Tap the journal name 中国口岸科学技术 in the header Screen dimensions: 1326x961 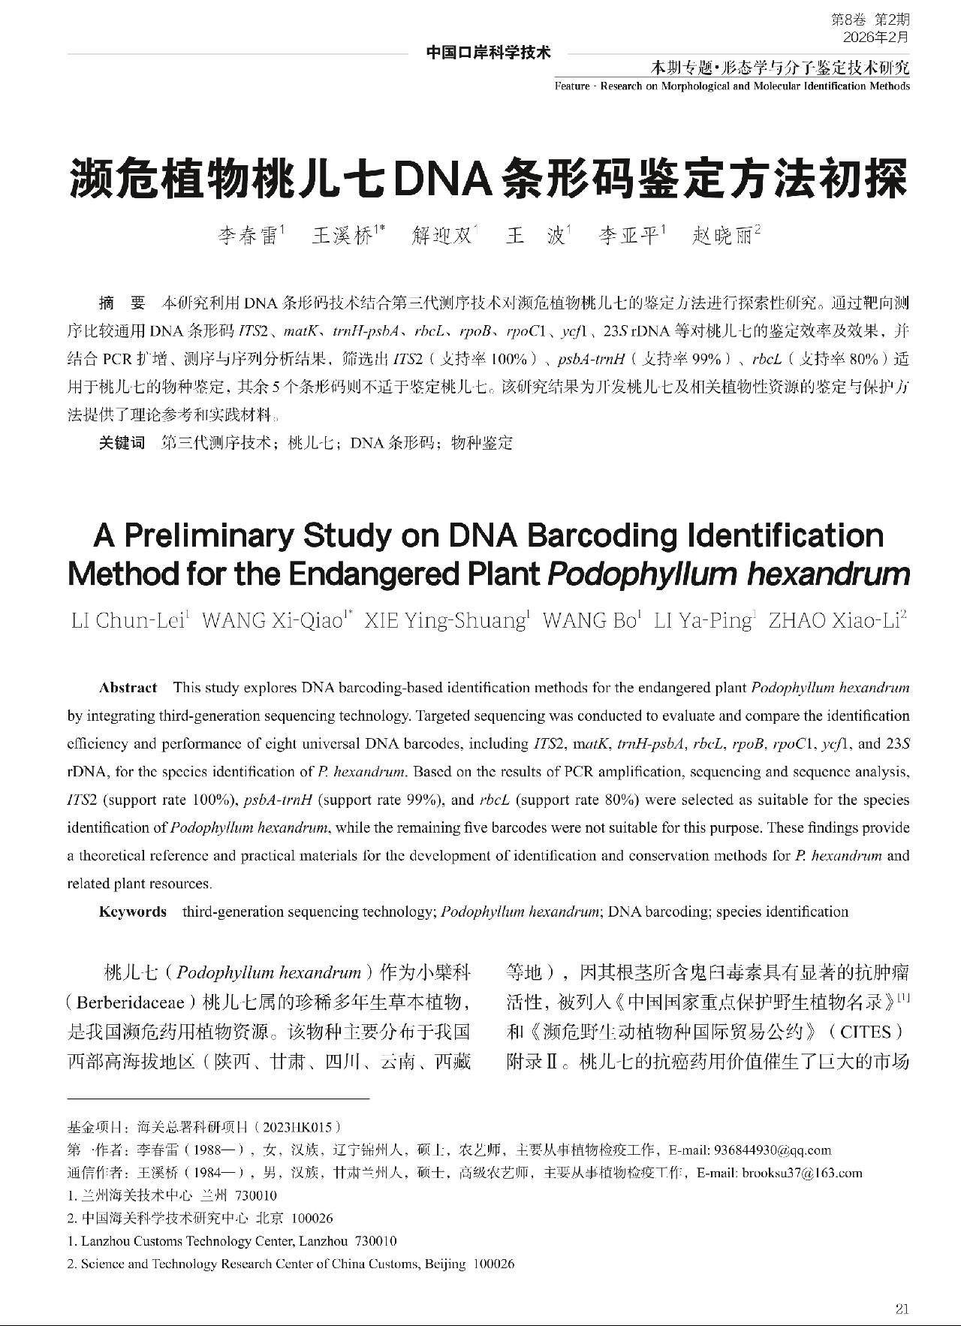tap(488, 53)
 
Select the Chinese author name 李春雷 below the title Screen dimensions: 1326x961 tap(248, 237)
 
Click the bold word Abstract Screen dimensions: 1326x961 tap(128, 688)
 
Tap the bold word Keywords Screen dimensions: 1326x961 tap(133, 912)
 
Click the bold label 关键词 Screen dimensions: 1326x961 tap(122, 442)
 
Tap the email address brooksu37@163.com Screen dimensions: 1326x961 tap(802, 1173)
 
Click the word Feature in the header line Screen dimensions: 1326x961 tap(573, 86)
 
